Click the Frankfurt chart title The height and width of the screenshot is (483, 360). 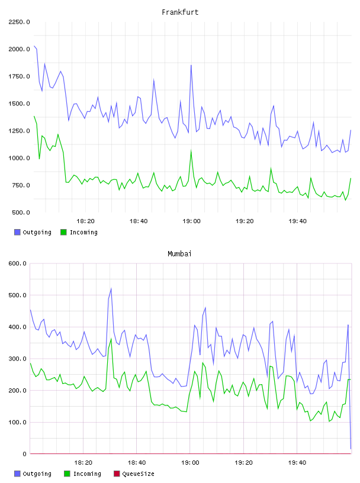point(180,12)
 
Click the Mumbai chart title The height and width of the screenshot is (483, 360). point(179,254)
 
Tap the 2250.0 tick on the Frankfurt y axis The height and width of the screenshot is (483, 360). point(19,22)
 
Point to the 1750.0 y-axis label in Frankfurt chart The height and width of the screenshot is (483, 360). point(19,76)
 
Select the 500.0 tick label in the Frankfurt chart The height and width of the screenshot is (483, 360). point(21,212)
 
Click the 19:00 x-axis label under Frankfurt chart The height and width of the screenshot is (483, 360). point(191,221)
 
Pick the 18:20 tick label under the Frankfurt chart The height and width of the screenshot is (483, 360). point(85,221)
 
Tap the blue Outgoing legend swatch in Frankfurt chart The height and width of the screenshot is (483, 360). point(17,232)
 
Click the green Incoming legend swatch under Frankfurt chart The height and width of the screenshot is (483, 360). point(63,232)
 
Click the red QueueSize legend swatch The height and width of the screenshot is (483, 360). point(117,474)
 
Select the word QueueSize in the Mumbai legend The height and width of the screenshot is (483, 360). point(138,474)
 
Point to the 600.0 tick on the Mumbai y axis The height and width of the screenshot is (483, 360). point(18,263)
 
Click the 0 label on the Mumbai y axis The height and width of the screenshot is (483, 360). point(24,454)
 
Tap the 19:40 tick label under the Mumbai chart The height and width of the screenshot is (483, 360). point(297,463)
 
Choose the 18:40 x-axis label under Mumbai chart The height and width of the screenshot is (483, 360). point(137,463)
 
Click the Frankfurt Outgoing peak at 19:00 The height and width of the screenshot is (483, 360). point(191,65)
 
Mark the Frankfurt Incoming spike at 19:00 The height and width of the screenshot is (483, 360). point(191,150)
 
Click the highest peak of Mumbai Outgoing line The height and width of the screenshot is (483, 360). point(111,289)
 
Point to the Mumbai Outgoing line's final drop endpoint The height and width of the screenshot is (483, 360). point(351,449)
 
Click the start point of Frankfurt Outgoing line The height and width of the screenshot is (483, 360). point(34,46)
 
